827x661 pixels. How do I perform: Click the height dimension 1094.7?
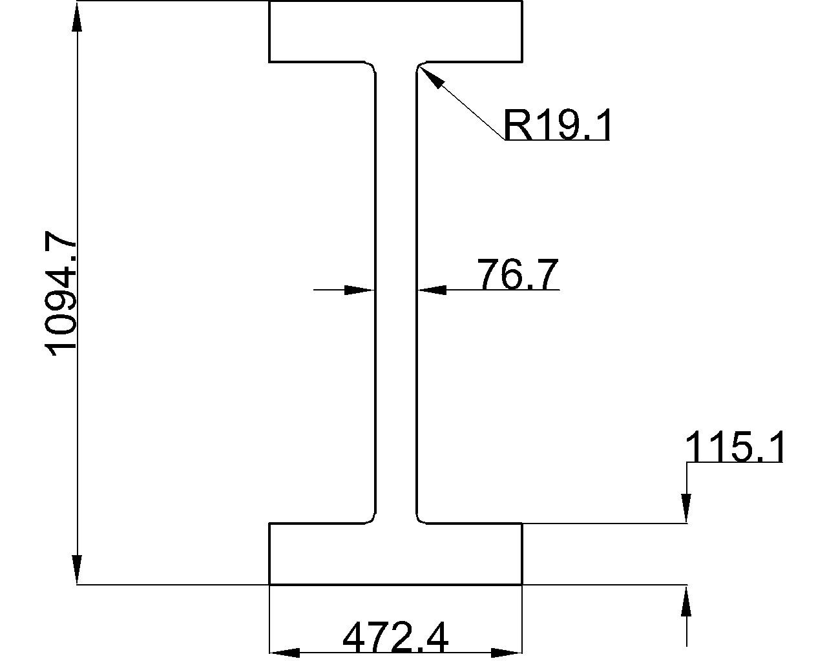coord(60,294)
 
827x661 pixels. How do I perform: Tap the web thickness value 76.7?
coord(518,274)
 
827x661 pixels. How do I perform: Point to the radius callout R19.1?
coord(556,125)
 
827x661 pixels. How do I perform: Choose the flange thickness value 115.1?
coord(734,447)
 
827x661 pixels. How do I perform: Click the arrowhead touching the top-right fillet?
coord(432,77)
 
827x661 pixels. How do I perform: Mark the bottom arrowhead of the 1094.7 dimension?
coord(78,569)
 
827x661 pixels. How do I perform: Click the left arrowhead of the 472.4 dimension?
coord(285,652)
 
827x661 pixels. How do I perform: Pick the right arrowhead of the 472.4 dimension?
coord(507,652)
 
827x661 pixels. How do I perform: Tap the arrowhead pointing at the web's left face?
coord(359,290)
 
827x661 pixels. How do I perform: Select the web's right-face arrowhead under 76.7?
coord(432,290)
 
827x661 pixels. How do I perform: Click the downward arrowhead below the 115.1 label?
coord(686,508)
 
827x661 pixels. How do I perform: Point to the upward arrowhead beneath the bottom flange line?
coord(686,600)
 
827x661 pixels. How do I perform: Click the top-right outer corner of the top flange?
coord(522,1)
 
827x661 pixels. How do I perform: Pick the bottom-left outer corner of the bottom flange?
coord(269,584)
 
